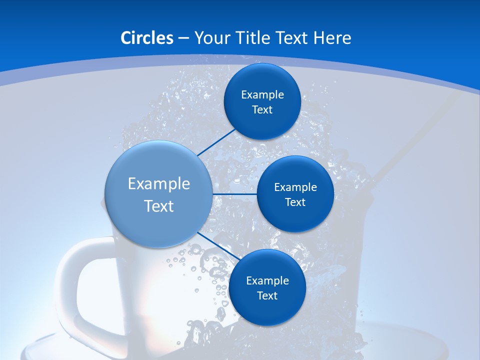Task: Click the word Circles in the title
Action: (x=146, y=37)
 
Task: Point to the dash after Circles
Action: (x=183, y=38)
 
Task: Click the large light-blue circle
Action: (x=158, y=165)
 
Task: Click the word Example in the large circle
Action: (x=159, y=184)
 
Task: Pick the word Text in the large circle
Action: (x=159, y=206)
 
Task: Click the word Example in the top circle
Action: (x=262, y=95)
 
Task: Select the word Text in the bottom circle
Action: (x=267, y=295)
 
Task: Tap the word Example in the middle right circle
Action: (x=295, y=187)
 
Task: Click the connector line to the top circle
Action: (x=217, y=142)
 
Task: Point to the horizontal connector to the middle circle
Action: (x=234, y=194)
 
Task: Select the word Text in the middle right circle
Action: (x=295, y=202)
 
